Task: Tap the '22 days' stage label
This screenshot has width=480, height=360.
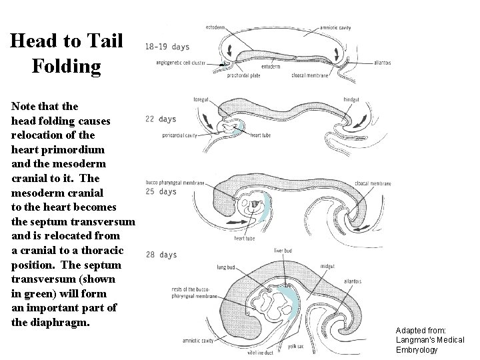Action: [x=160, y=119]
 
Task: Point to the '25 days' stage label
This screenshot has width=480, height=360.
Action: [x=160, y=192]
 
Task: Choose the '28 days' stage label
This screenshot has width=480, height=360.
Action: [x=160, y=255]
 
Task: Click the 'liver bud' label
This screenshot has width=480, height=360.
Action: [x=284, y=251]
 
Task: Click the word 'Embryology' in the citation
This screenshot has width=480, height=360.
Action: [x=417, y=349]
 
